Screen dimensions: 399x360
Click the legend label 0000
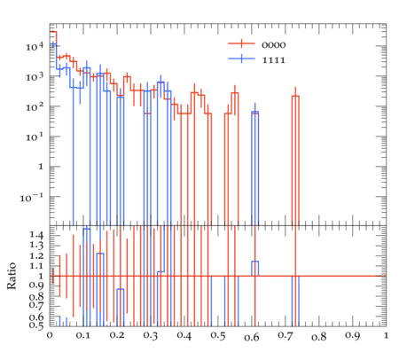point(274,45)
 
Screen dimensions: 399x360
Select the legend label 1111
point(274,60)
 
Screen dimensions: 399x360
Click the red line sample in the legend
point(241,43)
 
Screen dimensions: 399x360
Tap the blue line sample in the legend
point(241,59)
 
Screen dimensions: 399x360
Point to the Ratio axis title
point(12,276)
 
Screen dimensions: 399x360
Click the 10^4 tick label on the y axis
point(35,46)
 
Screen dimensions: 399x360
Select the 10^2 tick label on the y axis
point(35,106)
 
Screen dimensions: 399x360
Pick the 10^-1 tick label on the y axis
point(32,197)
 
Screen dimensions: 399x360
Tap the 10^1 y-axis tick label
point(35,137)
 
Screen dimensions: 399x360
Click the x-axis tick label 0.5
point(218,336)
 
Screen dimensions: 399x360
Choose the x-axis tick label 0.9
point(353,336)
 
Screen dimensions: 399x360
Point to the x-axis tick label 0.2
point(117,336)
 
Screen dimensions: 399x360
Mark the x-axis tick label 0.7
point(286,336)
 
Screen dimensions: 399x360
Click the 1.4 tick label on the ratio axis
point(36,235)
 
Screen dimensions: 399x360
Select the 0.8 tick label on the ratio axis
point(36,296)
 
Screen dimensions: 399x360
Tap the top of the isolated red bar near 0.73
point(295,96)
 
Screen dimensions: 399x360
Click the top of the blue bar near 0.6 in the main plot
point(255,112)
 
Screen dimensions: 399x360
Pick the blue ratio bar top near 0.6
point(255,262)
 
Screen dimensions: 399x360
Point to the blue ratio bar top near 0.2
point(121,289)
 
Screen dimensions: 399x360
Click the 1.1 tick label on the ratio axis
point(36,266)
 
